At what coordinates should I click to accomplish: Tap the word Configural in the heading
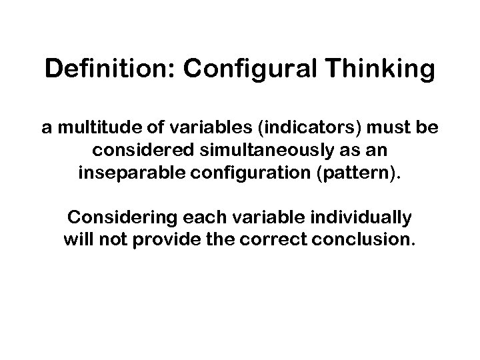tap(221, 69)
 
